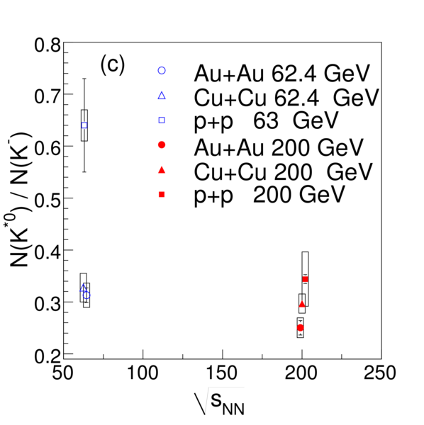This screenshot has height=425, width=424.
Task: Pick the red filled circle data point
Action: click(300, 328)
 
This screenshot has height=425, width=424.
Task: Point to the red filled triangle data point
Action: click(302, 304)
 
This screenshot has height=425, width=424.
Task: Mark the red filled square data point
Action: click(305, 279)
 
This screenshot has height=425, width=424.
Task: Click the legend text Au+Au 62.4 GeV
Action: click(282, 73)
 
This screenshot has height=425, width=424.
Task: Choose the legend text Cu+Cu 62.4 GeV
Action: click(286, 98)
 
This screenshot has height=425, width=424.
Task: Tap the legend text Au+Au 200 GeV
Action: click(279, 148)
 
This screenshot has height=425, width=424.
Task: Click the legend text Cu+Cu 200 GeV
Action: click(283, 172)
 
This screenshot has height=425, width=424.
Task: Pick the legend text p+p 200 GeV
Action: click(269, 196)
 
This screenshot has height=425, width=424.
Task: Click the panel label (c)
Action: click(113, 64)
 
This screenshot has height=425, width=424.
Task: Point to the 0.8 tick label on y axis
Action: click(48, 45)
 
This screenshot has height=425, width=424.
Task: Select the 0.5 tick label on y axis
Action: click(48, 200)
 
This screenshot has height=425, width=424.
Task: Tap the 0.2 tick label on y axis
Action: click(48, 356)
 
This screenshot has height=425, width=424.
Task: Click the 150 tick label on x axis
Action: click(222, 373)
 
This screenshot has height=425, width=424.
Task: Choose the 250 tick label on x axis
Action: click(379, 373)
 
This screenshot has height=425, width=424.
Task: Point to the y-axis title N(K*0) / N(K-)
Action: click(21, 200)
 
